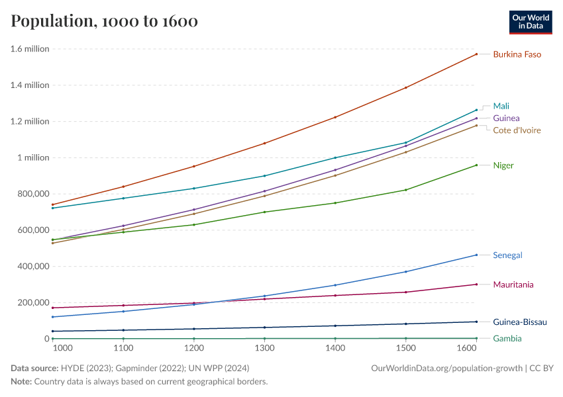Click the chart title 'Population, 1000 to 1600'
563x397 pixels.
104,21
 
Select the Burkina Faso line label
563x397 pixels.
517,54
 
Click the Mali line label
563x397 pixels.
501,106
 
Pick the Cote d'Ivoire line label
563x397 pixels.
517,130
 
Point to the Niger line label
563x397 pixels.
503,165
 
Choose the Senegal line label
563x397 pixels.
508,255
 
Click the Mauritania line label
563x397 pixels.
513,285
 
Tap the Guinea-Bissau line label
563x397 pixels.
520,322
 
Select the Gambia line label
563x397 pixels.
507,339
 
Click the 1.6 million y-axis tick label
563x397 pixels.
30,49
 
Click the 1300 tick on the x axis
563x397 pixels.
265,348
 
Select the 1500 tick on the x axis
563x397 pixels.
405,348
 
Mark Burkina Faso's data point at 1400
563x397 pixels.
335,117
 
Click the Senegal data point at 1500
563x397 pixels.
405,272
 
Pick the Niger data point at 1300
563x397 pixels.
265,212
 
